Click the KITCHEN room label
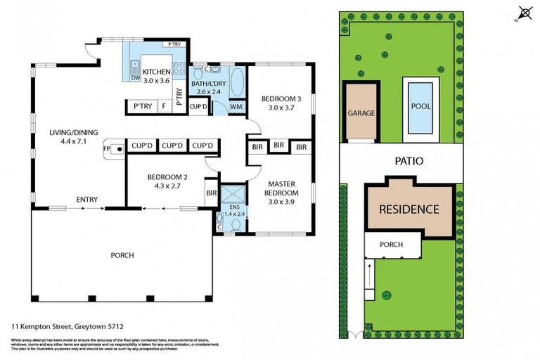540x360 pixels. (156, 72)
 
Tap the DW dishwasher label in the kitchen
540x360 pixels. (135, 78)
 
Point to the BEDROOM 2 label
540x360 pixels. (166, 177)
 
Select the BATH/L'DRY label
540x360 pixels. (209, 83)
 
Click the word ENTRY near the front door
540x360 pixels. (87, 200)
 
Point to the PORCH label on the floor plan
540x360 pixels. (122, 255)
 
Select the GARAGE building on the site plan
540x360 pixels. (361, 112)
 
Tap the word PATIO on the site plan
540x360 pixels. (409, 161)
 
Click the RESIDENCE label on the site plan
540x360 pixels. (409, 209)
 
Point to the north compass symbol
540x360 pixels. (524, 13)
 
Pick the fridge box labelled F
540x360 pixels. (164, 107)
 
